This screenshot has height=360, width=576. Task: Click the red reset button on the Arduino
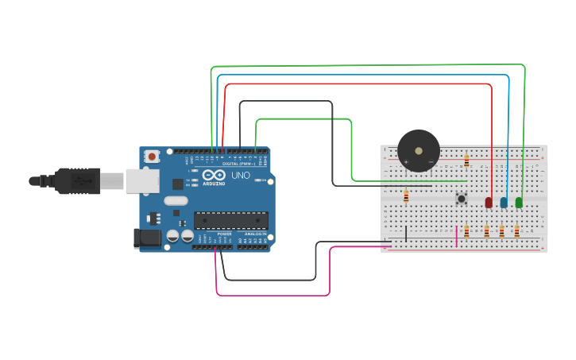(152, 156)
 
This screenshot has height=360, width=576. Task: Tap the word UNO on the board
(240, 175)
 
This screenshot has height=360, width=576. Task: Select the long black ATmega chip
(230, 220)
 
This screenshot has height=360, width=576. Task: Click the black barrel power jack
(147, 237)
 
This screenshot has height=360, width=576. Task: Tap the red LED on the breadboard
(489, 203)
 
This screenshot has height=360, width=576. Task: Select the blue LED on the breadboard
(504, 203)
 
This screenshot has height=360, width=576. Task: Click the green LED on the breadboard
(519, 203)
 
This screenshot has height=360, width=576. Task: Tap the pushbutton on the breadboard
(461, 198)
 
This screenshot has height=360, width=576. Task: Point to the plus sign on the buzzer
(406, 162)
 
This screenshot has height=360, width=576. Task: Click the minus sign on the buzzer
(431, 162)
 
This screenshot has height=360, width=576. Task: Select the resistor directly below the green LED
(516, 231)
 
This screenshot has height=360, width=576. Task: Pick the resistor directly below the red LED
(486, 231)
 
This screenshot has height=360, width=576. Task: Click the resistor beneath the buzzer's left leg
(406, 195)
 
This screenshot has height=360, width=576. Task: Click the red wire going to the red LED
(358, 83)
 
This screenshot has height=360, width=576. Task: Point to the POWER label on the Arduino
(224, 234)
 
